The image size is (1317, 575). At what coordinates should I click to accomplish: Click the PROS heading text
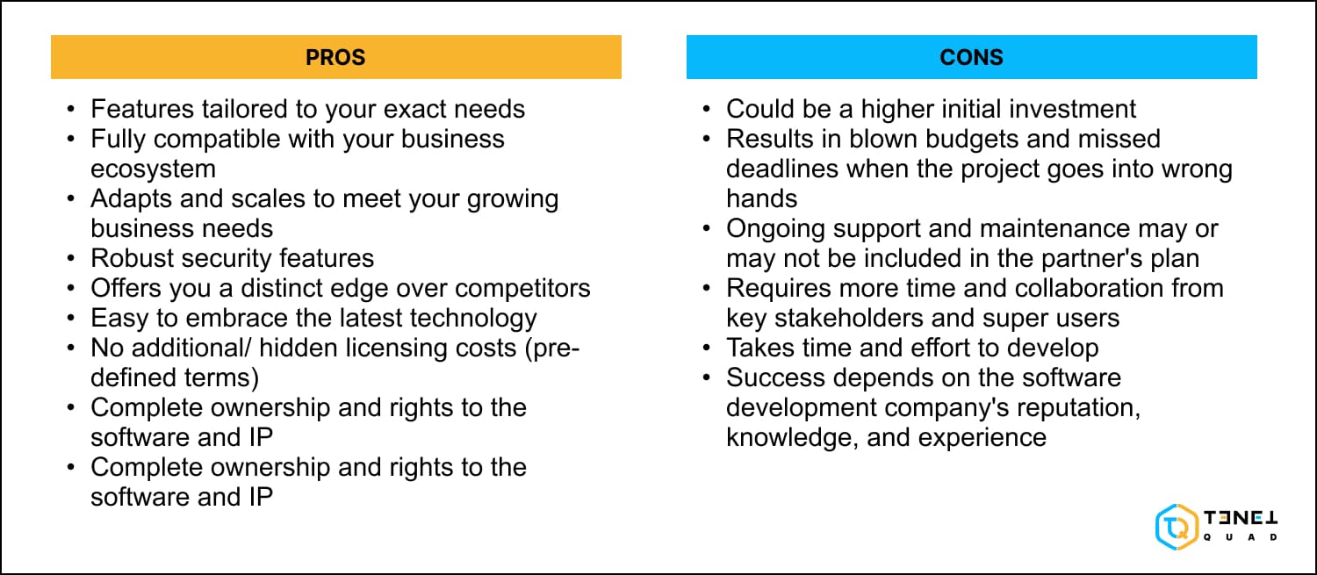(335, 58)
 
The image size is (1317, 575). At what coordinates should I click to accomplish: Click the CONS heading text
(971, 58)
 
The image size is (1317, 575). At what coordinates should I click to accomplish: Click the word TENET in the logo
(1241, 519)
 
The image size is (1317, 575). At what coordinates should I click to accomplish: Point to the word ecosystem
(153, 168)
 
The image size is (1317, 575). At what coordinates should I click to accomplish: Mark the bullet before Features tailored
(71, 110)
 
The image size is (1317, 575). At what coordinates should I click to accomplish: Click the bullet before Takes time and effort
(707, 349)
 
